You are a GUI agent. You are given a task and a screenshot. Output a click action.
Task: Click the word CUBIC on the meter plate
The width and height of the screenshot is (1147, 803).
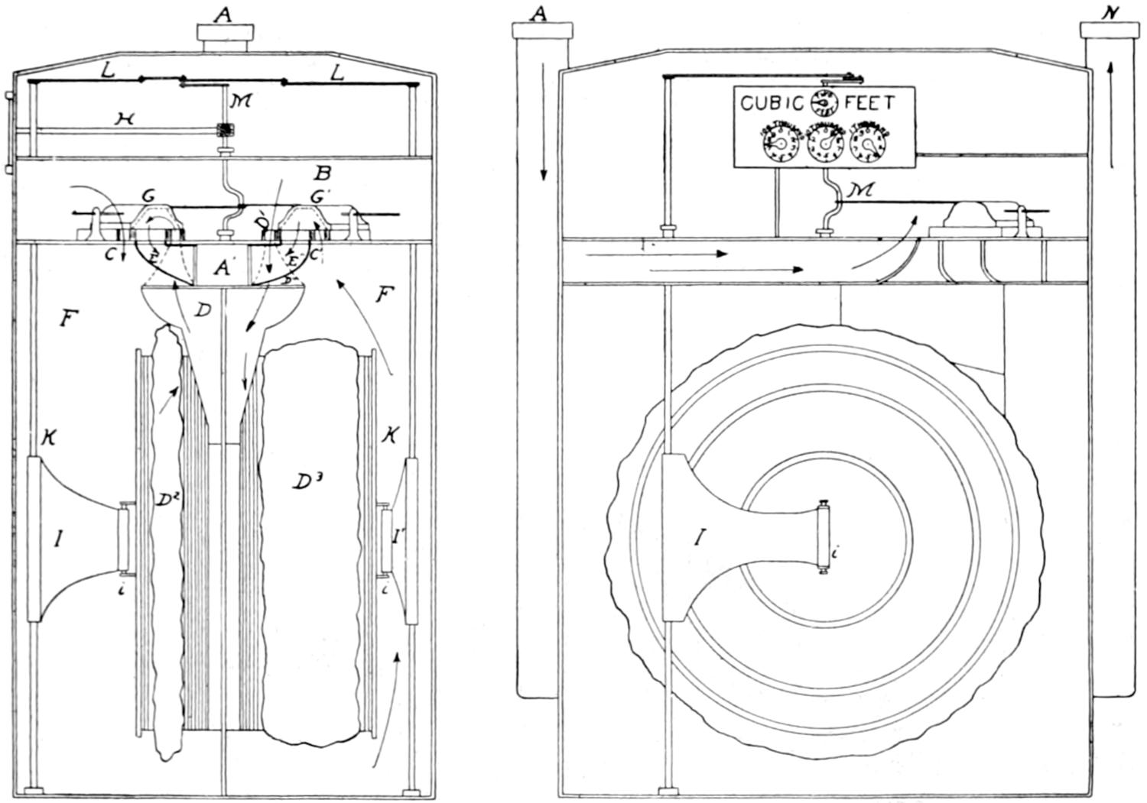[x=772, y=102]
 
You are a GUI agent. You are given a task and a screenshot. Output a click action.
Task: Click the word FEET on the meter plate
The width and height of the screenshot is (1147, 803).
[x=869, y=102]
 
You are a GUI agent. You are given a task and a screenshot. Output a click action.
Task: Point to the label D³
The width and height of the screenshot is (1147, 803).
[x=304, y=481]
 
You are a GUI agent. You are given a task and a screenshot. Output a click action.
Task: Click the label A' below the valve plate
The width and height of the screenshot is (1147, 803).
[x=223, y=267]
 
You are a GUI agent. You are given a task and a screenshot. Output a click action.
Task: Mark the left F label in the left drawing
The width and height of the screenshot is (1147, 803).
[x=68, y=319]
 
